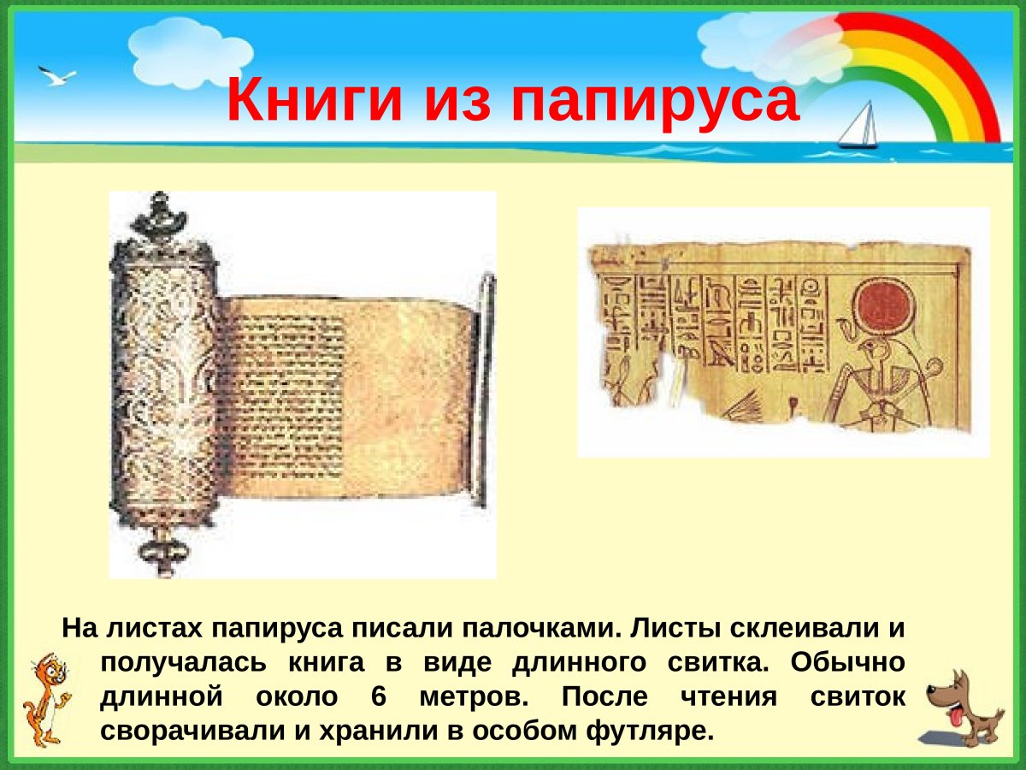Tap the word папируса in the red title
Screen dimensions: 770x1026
tap(654, 102)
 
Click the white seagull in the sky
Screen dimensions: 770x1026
tap(56, 76)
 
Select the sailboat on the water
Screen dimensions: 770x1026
tap(858, 126)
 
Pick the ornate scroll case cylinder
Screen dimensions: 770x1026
tap(167, 385)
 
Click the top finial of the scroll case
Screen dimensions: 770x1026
tap(160, 214)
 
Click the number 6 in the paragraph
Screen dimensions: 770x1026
tap(378, 696)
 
